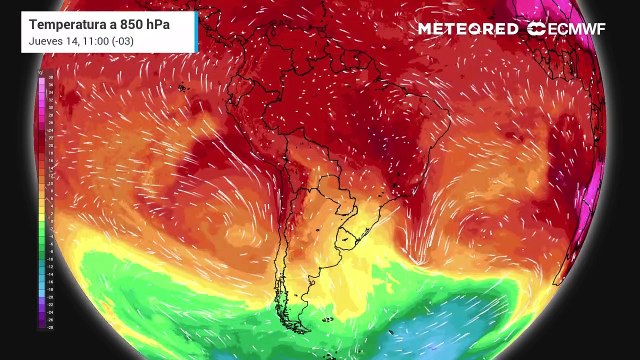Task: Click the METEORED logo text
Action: tap(468, 29)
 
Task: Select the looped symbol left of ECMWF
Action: tap(537, 29)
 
